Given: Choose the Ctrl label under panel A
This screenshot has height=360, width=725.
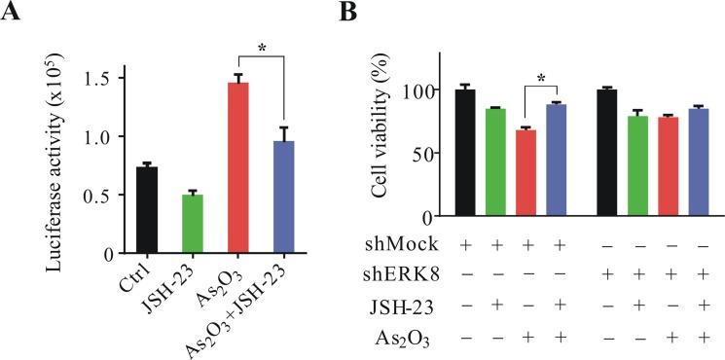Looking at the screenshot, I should coord(139,281).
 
